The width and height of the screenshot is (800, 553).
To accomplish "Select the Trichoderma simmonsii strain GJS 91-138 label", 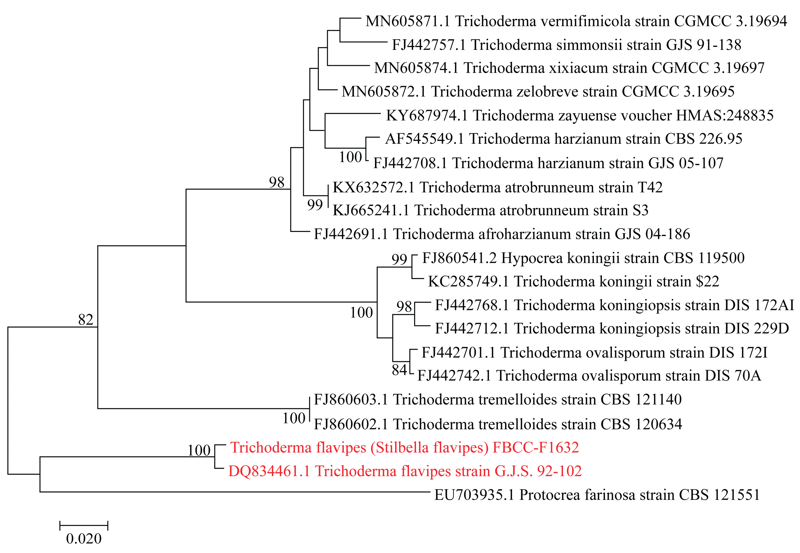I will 566,45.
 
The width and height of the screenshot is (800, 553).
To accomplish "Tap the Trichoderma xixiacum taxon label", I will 569,68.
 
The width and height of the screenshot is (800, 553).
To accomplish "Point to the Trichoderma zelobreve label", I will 538,92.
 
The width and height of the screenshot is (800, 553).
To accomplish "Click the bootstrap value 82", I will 85,319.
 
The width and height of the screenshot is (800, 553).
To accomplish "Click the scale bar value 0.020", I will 84,539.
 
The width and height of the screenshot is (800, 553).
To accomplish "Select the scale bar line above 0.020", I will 84,526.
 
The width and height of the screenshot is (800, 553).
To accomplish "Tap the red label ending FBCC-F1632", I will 404,447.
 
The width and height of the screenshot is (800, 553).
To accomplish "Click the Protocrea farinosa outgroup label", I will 597,495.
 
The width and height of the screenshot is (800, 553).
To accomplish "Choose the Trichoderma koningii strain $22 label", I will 573,281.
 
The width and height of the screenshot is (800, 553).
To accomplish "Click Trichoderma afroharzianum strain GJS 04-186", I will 502,234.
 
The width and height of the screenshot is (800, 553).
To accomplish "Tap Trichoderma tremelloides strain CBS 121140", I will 497,400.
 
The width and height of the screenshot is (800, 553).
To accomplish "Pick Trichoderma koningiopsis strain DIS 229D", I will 612,328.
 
